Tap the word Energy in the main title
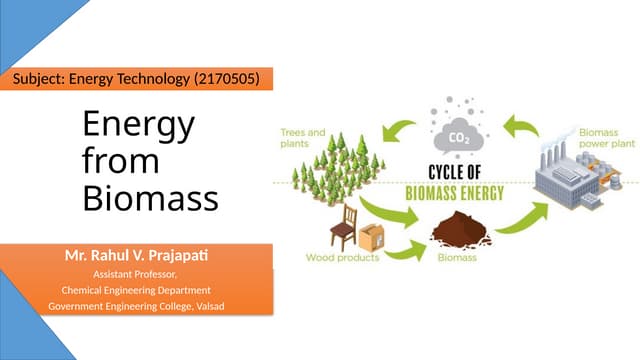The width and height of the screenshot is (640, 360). [139, 127]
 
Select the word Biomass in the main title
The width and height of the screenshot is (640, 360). [150, 198]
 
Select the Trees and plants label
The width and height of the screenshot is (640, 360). [302, 137]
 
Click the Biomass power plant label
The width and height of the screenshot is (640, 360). [606, 137]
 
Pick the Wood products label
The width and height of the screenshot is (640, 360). [342, 258]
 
